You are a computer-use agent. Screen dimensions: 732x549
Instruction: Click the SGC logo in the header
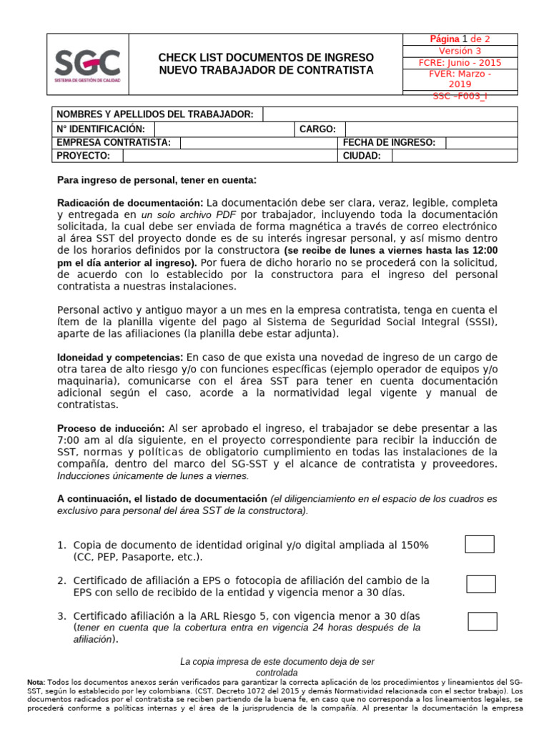(x=89, y=65)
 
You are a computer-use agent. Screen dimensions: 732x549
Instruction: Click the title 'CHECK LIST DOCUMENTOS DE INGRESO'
(x=266, y=57)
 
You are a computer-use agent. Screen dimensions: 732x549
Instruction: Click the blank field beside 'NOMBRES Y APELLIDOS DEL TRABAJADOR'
(x=390, y=114)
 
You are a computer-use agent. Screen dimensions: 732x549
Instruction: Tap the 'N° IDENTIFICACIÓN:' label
(x=101, y=129)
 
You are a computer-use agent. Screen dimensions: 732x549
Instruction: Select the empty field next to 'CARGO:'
(x=431, y=129)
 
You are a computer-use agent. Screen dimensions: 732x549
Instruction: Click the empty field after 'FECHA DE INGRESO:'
(x=481, y=142)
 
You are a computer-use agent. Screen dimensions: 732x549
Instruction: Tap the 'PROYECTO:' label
(x=83, y=156)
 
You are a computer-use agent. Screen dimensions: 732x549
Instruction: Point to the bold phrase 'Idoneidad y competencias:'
(x=120, y=357)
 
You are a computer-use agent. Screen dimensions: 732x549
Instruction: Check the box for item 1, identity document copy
(x=479, y=544)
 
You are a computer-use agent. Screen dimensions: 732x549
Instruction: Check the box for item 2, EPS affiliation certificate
(x=480, y=584)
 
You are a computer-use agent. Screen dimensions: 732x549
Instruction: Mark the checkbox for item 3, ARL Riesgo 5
(x=482, y=621)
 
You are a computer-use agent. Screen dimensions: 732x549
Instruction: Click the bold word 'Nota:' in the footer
(x=35, y=683)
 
